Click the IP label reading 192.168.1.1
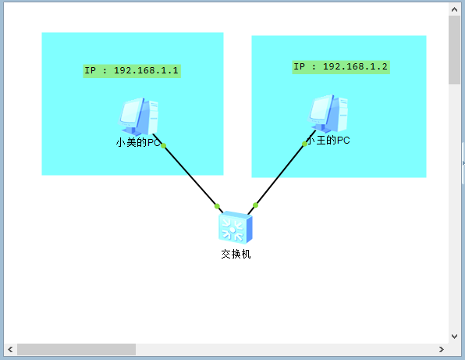[x=132, y=71]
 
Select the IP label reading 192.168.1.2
[x=341, y=67]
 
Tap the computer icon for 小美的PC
[x=139, y=116]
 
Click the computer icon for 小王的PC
[x=328, y=113]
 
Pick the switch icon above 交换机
[x=236, y=227]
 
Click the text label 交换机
[x=236, y=254]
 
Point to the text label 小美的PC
[x=138, y=142]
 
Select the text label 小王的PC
[x=328, y=140]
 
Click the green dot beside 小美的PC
[x=163, y=146]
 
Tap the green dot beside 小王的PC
[x=304, y=144]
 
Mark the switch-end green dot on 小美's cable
[x=217, y=206]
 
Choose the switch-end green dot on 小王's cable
[x=255, y=205]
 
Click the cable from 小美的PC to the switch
[x=188, y=173]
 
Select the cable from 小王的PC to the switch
[x=282, y=173]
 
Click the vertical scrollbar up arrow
[x=454, y=9]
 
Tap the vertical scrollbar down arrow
[x=454, y=336]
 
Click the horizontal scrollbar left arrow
[x=10, y=349]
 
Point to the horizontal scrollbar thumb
[x=76, y=349]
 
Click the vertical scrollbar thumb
[x=454, y=50]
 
